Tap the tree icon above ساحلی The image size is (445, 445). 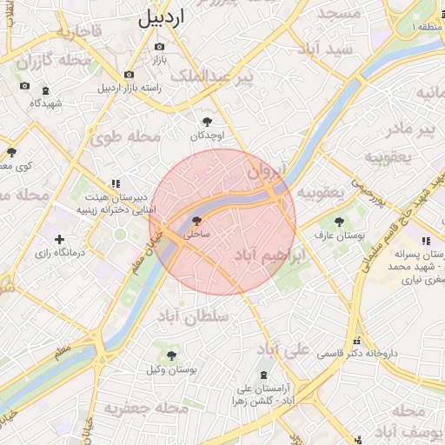coord(196,221)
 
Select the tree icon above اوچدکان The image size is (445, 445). coord(206,123)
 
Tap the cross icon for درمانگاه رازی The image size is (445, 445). coord(59,239)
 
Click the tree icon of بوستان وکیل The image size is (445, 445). coord(171,355)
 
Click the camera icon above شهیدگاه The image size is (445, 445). coord(24,86)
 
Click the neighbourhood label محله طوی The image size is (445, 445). coord(127,136)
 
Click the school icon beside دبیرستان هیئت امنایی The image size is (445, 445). coord(114,183)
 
